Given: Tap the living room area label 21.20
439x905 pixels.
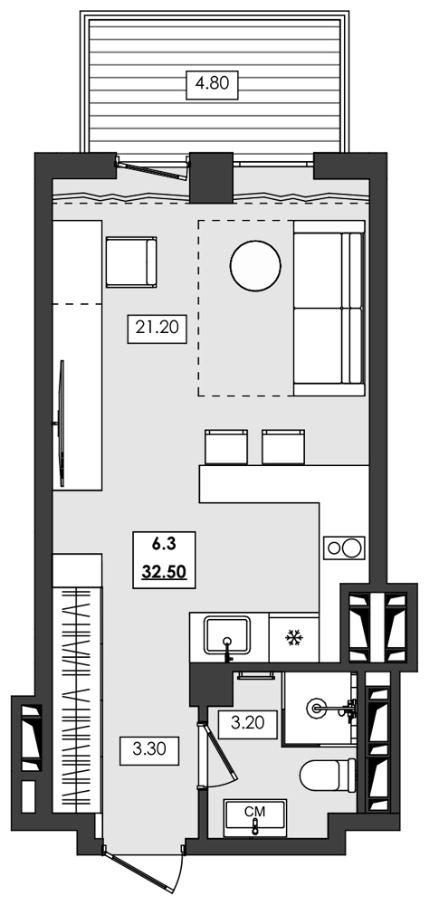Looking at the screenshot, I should click(157, 329).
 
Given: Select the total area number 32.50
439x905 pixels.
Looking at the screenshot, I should click(164, 572).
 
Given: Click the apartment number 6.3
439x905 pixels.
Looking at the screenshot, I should click(164, 544).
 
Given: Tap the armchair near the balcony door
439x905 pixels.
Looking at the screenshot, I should click(131, 262).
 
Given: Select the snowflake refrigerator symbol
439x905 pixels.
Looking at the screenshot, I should click(292, 639).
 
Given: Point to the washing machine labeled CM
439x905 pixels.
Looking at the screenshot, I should click(256, 817).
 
